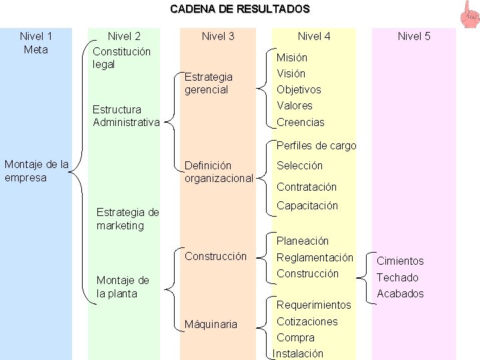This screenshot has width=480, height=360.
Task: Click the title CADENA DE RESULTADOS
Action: (240, 9)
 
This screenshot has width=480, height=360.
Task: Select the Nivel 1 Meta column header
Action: (36, 43)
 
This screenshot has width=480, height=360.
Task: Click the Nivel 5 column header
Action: (414, 37)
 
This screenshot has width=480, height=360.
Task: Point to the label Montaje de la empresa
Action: (37, 171)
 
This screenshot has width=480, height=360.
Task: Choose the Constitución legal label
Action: (122, 58)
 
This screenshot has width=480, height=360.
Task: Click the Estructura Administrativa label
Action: (127, 115)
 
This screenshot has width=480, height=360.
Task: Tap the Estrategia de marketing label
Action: (127, 219)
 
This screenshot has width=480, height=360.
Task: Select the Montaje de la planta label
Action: (123, 287)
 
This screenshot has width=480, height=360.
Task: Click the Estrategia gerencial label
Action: (209, 83)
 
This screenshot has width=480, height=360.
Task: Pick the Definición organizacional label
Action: (219, 171)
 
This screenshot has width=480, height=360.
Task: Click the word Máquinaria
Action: (211, 325)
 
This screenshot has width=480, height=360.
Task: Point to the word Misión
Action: (292, 57)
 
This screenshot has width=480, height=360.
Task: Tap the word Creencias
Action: (301, 122)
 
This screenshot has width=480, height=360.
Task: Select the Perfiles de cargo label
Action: (316, 145)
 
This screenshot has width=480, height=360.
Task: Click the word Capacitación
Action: (307, 205)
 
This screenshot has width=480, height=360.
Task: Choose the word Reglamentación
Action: (315, 257)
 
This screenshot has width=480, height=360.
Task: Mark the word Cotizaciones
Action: (307, 321)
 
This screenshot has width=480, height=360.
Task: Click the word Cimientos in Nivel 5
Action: (400, 261)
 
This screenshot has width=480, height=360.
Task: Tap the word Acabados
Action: (400, 293)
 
